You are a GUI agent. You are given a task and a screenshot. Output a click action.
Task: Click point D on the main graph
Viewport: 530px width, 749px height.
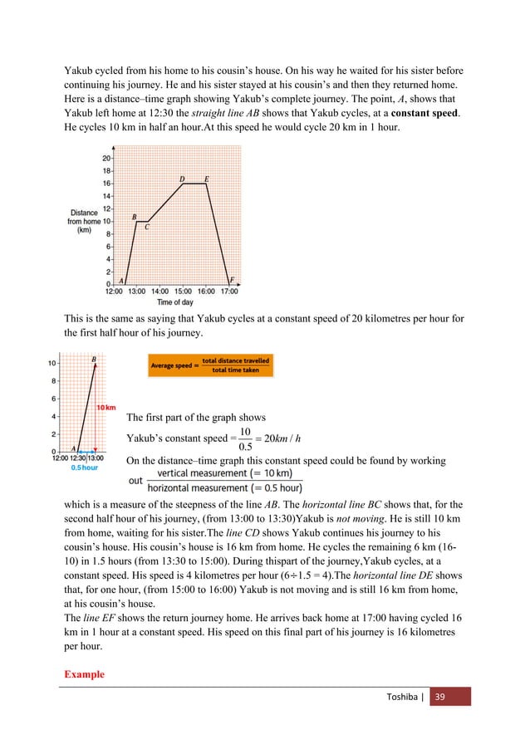click(182, 179)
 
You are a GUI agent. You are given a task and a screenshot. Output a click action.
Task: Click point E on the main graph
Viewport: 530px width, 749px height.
click(206, 179)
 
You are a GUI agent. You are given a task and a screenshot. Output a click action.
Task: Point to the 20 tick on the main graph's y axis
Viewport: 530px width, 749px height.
click(107, 158)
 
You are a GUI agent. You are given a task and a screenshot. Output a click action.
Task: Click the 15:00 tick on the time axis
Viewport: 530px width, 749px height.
click(184, 291)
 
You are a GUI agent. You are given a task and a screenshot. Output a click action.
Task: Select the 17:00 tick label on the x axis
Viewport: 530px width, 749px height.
click(229, 291)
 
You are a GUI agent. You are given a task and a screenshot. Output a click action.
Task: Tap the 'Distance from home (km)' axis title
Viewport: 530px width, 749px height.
click(85, 221)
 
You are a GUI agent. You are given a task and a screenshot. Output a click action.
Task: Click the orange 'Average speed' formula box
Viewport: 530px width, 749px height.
click(210, 365)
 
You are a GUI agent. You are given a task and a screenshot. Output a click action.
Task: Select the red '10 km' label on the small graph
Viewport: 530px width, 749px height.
click(106, 407)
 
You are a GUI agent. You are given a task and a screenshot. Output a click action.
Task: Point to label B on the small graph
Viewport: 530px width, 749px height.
click(93, 359)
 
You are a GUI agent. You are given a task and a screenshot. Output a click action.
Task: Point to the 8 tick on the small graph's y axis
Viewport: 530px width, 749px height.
click(53, 381)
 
